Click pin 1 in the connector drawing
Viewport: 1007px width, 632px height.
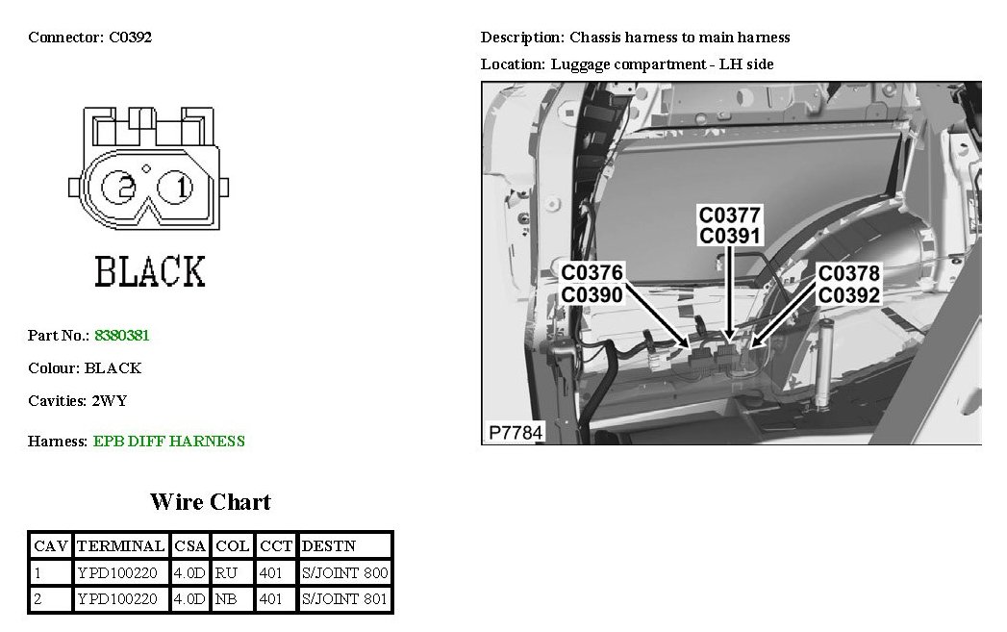coord(182,188)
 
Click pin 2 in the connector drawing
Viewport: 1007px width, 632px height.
coord(123,188)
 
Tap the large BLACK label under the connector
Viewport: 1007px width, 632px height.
coord(150,272)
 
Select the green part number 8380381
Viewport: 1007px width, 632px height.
coord(121,336)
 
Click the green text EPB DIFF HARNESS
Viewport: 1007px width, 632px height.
coord(169,442)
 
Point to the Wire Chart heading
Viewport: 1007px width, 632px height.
coord(210,502)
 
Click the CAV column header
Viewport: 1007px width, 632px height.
coord(51,546)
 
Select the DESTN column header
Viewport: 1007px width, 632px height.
coord(329,546)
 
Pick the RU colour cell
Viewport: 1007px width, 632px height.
coord(226,573)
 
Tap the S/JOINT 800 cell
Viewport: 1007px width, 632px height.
coord(344,573)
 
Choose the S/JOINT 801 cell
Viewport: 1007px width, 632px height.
coord(344,599)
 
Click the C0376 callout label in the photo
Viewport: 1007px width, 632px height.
coord(592,274)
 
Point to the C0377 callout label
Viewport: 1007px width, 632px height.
coord(730,215)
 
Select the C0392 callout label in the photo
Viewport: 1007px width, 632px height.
coord(849,295)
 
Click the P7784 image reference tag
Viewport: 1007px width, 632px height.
coord(515,433)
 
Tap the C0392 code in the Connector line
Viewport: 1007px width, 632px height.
coord(131,38)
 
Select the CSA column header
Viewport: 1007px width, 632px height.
coord(190,546)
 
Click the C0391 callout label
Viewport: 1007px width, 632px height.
coord(730,236)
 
